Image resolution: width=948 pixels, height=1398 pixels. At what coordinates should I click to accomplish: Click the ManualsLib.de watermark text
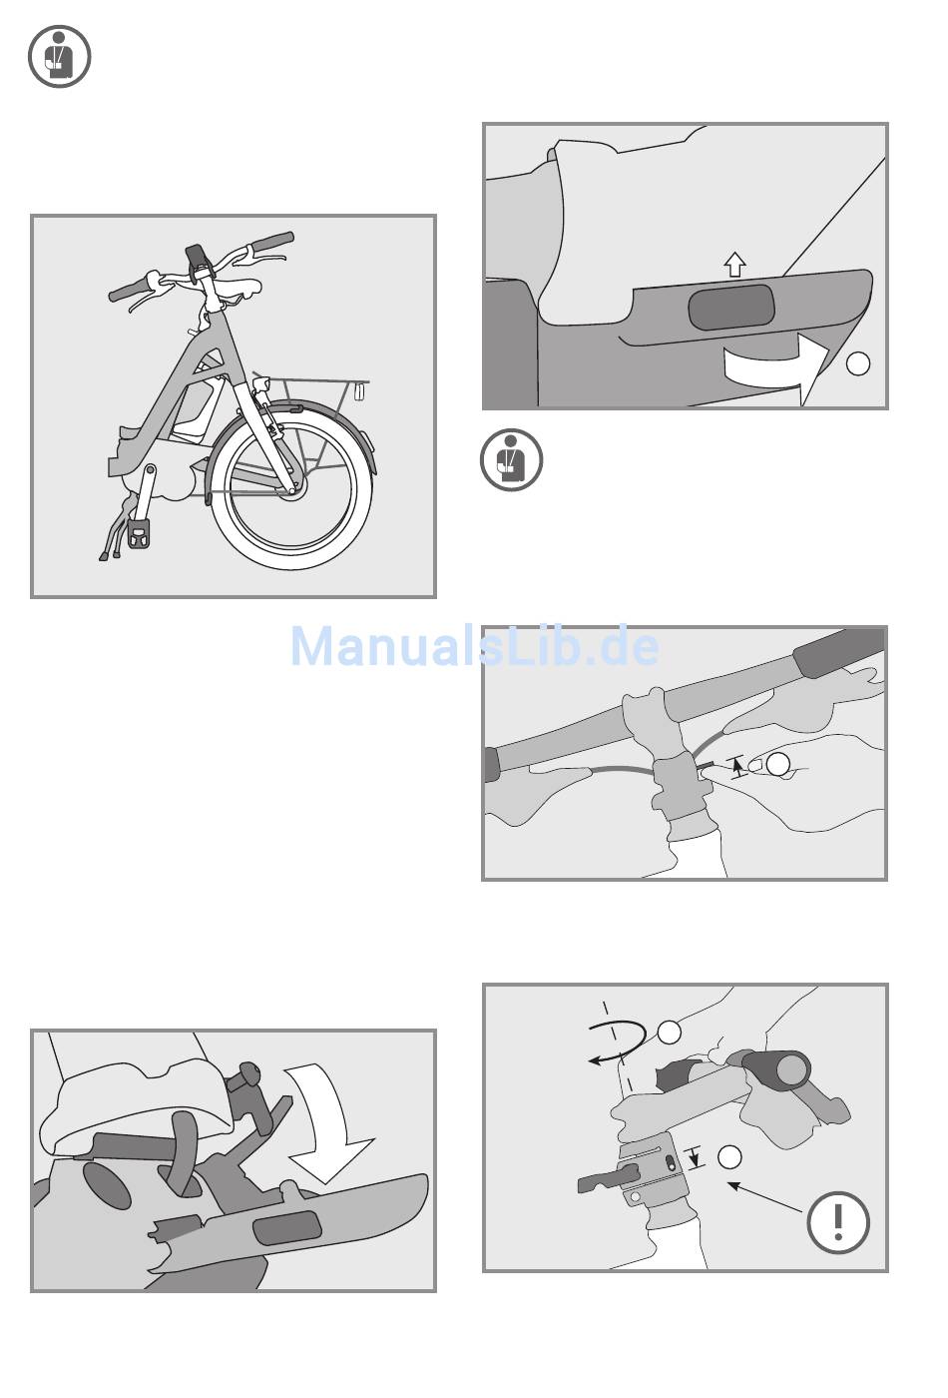[475, 647]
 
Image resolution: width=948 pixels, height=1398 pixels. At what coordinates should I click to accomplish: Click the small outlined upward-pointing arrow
[735, 264]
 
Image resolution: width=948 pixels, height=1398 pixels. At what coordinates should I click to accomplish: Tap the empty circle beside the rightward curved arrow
[857, 363]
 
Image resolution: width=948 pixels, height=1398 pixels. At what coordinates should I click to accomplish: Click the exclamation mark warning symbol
[837, 1222]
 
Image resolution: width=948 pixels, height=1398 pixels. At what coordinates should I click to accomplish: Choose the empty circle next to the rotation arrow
[670, 1032]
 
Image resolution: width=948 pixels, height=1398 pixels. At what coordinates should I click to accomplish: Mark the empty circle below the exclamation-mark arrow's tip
[729, 1156]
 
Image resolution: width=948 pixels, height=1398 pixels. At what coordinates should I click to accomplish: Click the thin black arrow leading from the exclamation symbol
[765, 1198]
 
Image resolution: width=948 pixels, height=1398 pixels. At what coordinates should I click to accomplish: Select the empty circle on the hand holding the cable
[777, 765]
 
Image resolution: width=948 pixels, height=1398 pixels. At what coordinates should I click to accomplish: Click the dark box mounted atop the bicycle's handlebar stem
[197, 258]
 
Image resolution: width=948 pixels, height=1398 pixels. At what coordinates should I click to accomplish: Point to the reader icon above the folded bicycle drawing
[60, 57]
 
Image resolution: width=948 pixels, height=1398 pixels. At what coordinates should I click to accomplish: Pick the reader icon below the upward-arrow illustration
[511, 460]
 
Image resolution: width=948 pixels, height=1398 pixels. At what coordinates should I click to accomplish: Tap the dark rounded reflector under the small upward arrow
[731, 308]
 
